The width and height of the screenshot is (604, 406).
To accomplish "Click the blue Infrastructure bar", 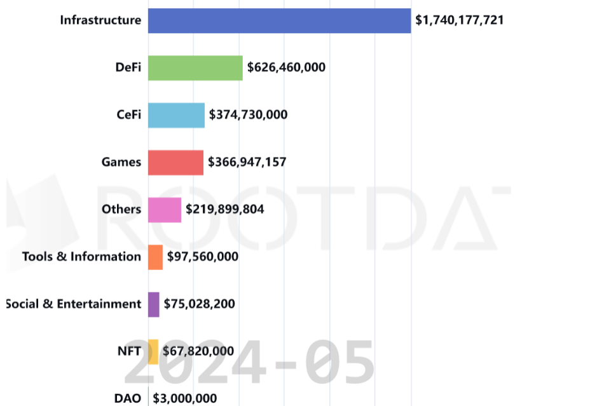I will [279, 20].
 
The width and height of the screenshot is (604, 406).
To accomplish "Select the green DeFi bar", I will [195, 67].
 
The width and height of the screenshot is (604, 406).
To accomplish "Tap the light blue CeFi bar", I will [176, 115].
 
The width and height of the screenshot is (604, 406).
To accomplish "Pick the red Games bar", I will [175, 162].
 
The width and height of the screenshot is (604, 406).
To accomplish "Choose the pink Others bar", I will [164, 210].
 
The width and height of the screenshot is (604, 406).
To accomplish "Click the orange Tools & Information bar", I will [155, 257].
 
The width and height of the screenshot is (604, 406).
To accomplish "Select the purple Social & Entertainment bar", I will [153, 304].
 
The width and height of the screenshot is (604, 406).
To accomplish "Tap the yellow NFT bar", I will [153, 351].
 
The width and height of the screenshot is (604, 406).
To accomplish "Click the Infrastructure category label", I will [100, 20].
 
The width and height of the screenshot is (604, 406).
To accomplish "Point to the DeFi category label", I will [128, 67].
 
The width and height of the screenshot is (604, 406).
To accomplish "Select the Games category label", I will [121, 162].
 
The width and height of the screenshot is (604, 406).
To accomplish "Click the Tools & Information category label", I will [81, 257].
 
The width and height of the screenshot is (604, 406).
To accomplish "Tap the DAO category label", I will [128, 399].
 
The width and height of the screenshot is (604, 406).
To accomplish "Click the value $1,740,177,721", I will [460, 20].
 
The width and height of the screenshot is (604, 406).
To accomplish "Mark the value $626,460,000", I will [286, 67].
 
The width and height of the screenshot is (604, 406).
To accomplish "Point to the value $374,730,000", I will [248, 115].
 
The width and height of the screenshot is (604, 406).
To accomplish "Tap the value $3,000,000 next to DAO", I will [184, 399].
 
